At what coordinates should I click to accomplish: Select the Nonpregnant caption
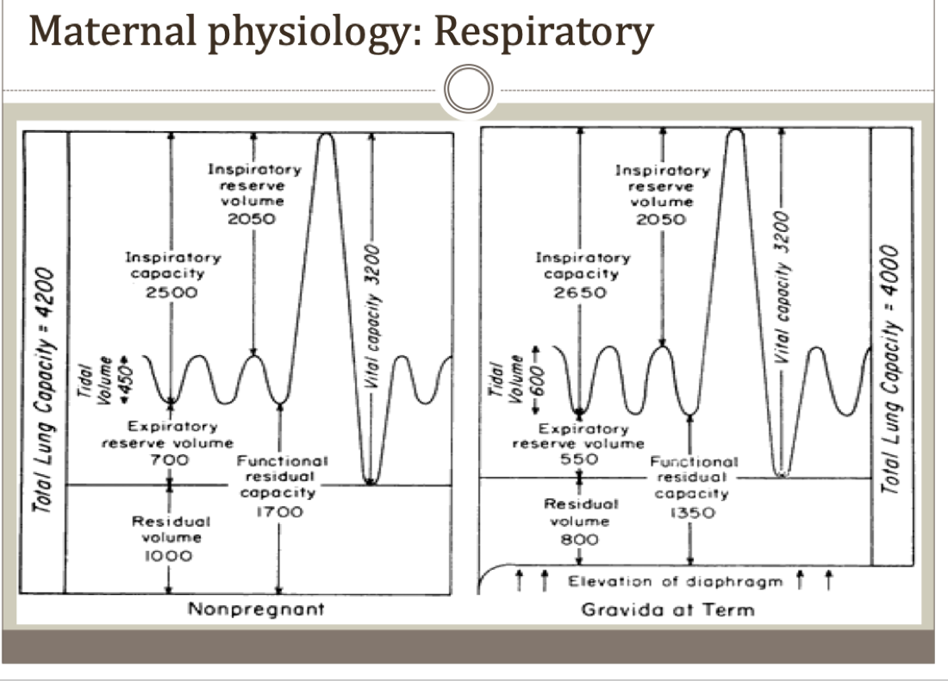click(x=257, y=609)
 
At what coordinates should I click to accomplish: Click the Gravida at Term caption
click(x=668, y=609)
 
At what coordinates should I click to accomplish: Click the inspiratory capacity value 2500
click(x=172, y=291)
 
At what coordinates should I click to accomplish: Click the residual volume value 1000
click(x=167, y=555)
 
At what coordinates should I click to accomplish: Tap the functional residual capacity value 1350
click(x=692, y=513)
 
